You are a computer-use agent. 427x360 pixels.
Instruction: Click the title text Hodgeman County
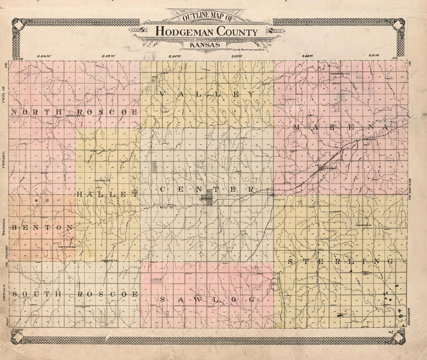(x=207, y=32)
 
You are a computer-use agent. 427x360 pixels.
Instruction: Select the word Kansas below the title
(x=205, y=45)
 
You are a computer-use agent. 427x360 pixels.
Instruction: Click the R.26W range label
(x=44, y=56)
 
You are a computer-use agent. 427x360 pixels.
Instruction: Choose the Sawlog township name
(x=207, y=299)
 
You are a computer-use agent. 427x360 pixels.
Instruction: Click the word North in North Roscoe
(x=36, y=112)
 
